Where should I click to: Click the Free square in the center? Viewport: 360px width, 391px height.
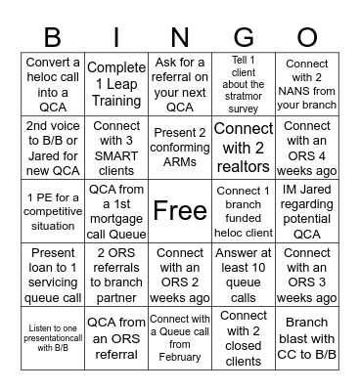click(180, 209)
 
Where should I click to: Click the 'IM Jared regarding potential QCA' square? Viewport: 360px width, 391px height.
click(307, 209)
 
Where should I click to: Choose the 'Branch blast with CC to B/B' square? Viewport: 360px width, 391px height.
click(307, 336)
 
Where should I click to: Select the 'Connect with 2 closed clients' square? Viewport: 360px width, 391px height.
click(244, 336)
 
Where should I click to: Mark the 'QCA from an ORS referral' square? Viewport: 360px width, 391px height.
click(116, 336)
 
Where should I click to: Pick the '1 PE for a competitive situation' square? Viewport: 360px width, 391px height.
click(53, 209)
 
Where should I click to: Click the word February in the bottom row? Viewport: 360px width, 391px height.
click(180, 358)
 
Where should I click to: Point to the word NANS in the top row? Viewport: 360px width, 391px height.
click(297, 90)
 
